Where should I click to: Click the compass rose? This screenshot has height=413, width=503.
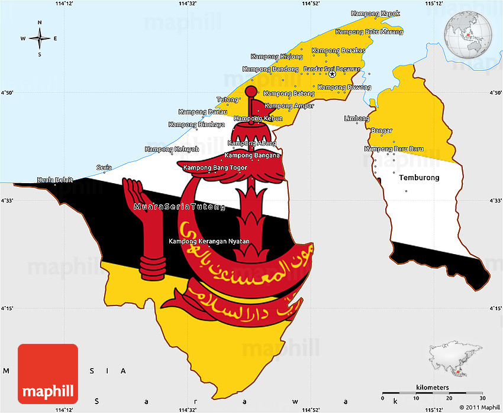40,38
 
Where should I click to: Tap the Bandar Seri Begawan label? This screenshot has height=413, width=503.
332,69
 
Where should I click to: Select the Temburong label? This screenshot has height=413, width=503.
419,177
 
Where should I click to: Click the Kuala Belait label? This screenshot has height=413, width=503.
55,180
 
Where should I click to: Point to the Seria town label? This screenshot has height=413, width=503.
104,167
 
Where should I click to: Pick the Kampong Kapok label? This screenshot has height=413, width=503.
375,14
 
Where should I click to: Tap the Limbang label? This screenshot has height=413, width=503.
357,119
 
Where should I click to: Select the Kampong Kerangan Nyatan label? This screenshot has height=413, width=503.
209,241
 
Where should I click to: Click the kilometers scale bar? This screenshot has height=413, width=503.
433,392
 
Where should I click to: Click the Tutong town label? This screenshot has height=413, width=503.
227,99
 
